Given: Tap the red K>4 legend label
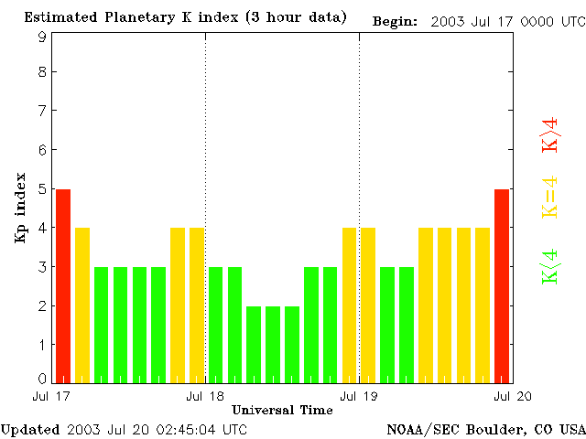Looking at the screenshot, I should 549,134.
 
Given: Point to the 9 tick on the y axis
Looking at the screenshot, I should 42,37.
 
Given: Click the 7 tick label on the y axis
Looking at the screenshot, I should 42,111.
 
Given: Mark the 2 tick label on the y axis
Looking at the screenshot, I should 42,305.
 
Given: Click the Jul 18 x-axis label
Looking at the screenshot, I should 205,395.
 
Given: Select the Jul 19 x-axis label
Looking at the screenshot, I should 359,395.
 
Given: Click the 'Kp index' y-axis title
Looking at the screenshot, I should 20,208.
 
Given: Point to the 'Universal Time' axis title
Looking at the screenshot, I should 282,410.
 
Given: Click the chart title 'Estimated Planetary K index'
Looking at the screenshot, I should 146,17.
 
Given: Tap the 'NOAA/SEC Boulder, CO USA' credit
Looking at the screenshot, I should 485,429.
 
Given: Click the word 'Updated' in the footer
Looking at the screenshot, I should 30,429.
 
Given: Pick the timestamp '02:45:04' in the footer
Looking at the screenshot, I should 188,429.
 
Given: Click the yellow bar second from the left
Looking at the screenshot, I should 82,305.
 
